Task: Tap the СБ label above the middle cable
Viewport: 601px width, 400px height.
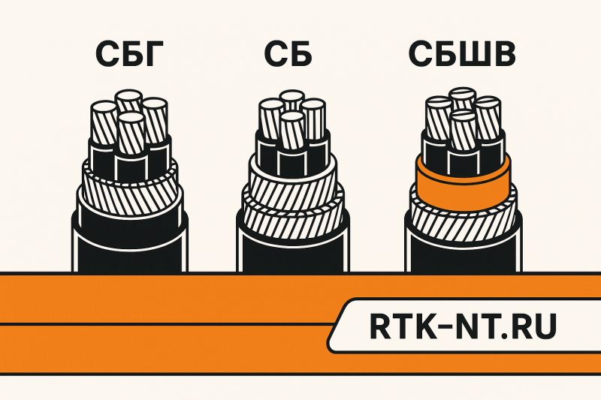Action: (290, 54)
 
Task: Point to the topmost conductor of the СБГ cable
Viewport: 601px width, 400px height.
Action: (128, 101)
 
